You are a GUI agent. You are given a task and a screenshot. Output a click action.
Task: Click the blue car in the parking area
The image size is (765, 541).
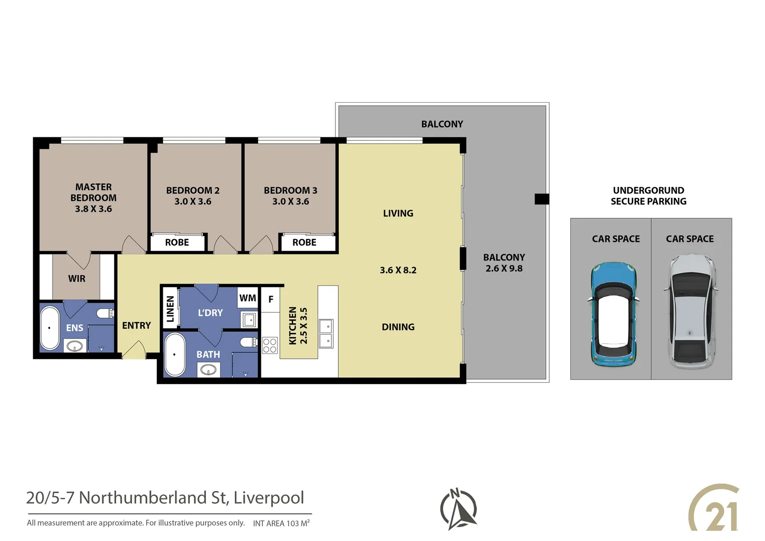click(x=613, y=314)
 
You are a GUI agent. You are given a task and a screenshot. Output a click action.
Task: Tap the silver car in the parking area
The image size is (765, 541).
click(x=690, y=311)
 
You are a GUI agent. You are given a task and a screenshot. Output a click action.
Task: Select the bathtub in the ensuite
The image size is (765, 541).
click(x=50, y=328)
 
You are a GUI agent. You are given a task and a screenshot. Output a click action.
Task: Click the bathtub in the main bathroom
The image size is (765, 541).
click(x=174, y=354)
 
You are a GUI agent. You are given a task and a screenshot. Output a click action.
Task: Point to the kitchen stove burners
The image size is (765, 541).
click(x=270, y=346)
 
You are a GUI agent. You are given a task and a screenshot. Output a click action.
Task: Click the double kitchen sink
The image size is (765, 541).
click(x=326, y=333)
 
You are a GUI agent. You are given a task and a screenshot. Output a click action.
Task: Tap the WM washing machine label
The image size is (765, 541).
click(x=248, y=298)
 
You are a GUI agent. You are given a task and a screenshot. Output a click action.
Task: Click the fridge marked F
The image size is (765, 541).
click(x=271, y=300)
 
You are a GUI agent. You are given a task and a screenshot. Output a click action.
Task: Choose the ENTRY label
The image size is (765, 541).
click(x=136, y=326)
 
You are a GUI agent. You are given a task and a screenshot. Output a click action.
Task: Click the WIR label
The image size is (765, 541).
click(x=77, y=279)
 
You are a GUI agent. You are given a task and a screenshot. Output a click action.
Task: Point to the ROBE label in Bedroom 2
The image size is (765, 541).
click(x=177, y=242)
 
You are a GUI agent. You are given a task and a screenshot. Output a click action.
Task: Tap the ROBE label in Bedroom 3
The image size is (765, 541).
click(x=304, y=242)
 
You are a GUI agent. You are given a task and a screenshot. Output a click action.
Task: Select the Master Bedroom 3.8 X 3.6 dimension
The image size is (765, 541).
click(x=94, y=209)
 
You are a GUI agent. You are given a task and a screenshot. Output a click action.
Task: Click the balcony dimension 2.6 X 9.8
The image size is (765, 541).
click(x=504, y=268)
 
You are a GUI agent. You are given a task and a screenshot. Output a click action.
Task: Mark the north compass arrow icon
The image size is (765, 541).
click(x=458, y=509)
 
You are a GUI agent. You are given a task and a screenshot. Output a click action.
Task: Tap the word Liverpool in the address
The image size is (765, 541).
click(x=269, y=497)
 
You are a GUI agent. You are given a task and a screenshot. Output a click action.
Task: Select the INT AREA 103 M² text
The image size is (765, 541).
click(x=281, y=523)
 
